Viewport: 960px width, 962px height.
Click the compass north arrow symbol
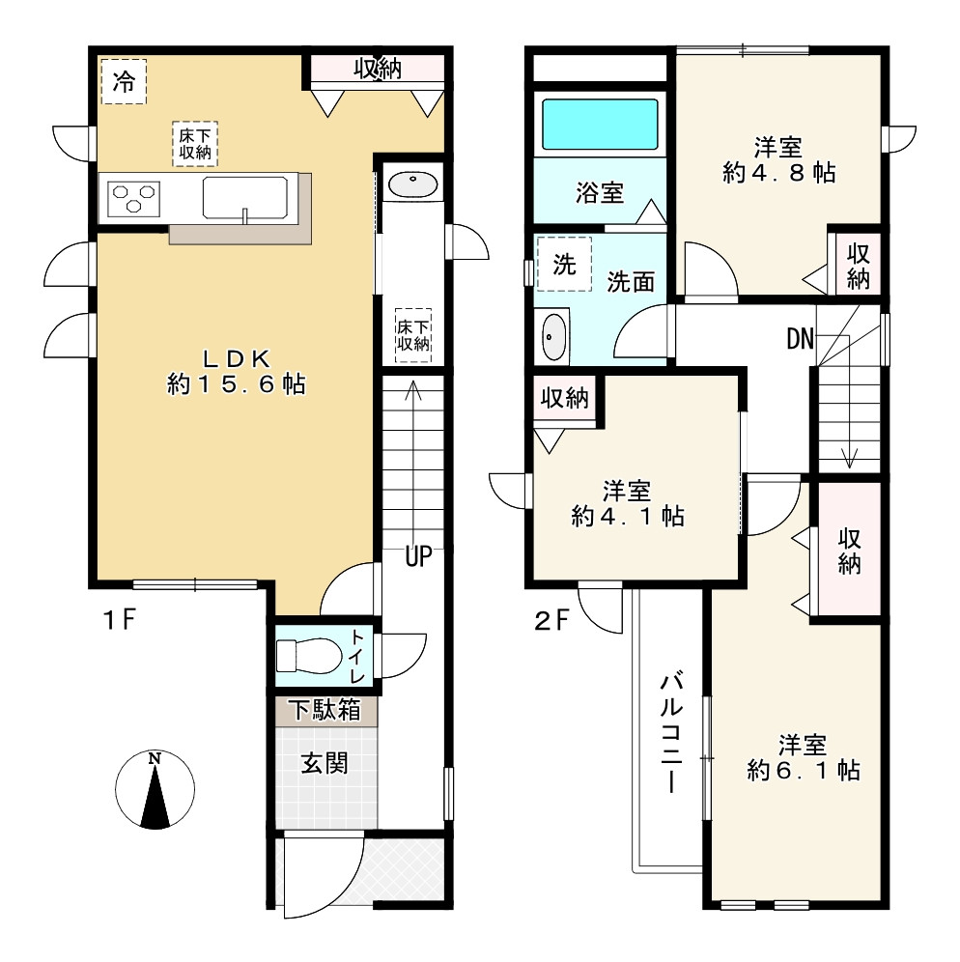[155, 789]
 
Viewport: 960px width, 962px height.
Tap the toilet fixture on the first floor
[308, 656]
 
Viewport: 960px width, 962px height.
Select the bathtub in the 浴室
[600, 124]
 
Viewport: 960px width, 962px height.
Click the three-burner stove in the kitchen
[133, 198]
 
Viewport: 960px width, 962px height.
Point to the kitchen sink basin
[244, 198]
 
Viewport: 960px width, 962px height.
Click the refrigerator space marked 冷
[124, 81]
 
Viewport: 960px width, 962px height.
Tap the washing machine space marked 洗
[564, 264]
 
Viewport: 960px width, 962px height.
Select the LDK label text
[237, 357]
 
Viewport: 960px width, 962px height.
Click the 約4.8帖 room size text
[779, 173]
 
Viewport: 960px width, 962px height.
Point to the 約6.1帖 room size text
[804, 770]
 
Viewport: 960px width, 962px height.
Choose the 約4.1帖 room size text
[628, 517]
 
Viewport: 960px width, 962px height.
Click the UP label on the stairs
[418, 556]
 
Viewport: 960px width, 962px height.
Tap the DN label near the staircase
[801, 338]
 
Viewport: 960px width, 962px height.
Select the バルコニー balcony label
[671, 733]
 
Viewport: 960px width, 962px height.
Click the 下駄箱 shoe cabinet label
[325, 711]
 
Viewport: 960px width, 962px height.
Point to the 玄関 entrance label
[325, 764]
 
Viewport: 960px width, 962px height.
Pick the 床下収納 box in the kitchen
[195, 144]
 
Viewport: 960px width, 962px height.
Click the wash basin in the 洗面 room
[554, 337]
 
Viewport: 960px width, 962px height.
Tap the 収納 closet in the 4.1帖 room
[564, 398]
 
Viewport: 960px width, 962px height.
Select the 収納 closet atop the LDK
[378, 69]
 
